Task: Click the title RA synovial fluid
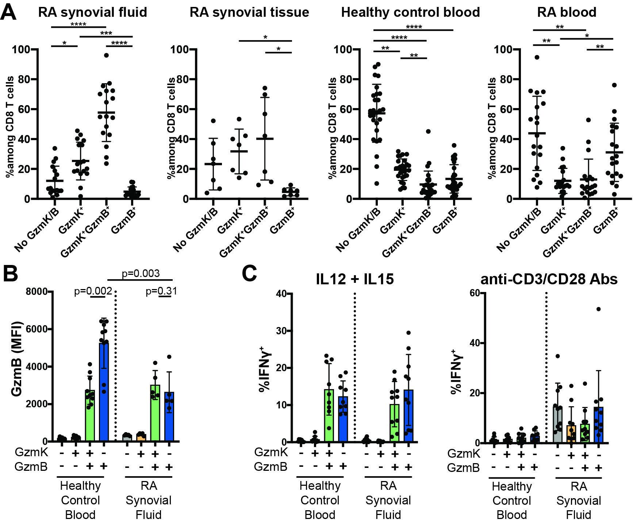92,12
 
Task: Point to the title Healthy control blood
410,12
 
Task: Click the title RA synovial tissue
249,12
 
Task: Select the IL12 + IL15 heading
355,279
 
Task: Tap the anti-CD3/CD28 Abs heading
549,279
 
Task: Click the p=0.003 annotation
141,273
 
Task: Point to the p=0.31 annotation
161,291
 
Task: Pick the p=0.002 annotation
93,291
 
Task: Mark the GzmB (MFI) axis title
16,359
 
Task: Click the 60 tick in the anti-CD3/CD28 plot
475,293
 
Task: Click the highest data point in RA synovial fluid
106,55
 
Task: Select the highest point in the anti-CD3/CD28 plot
598,309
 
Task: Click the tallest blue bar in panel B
104,392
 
